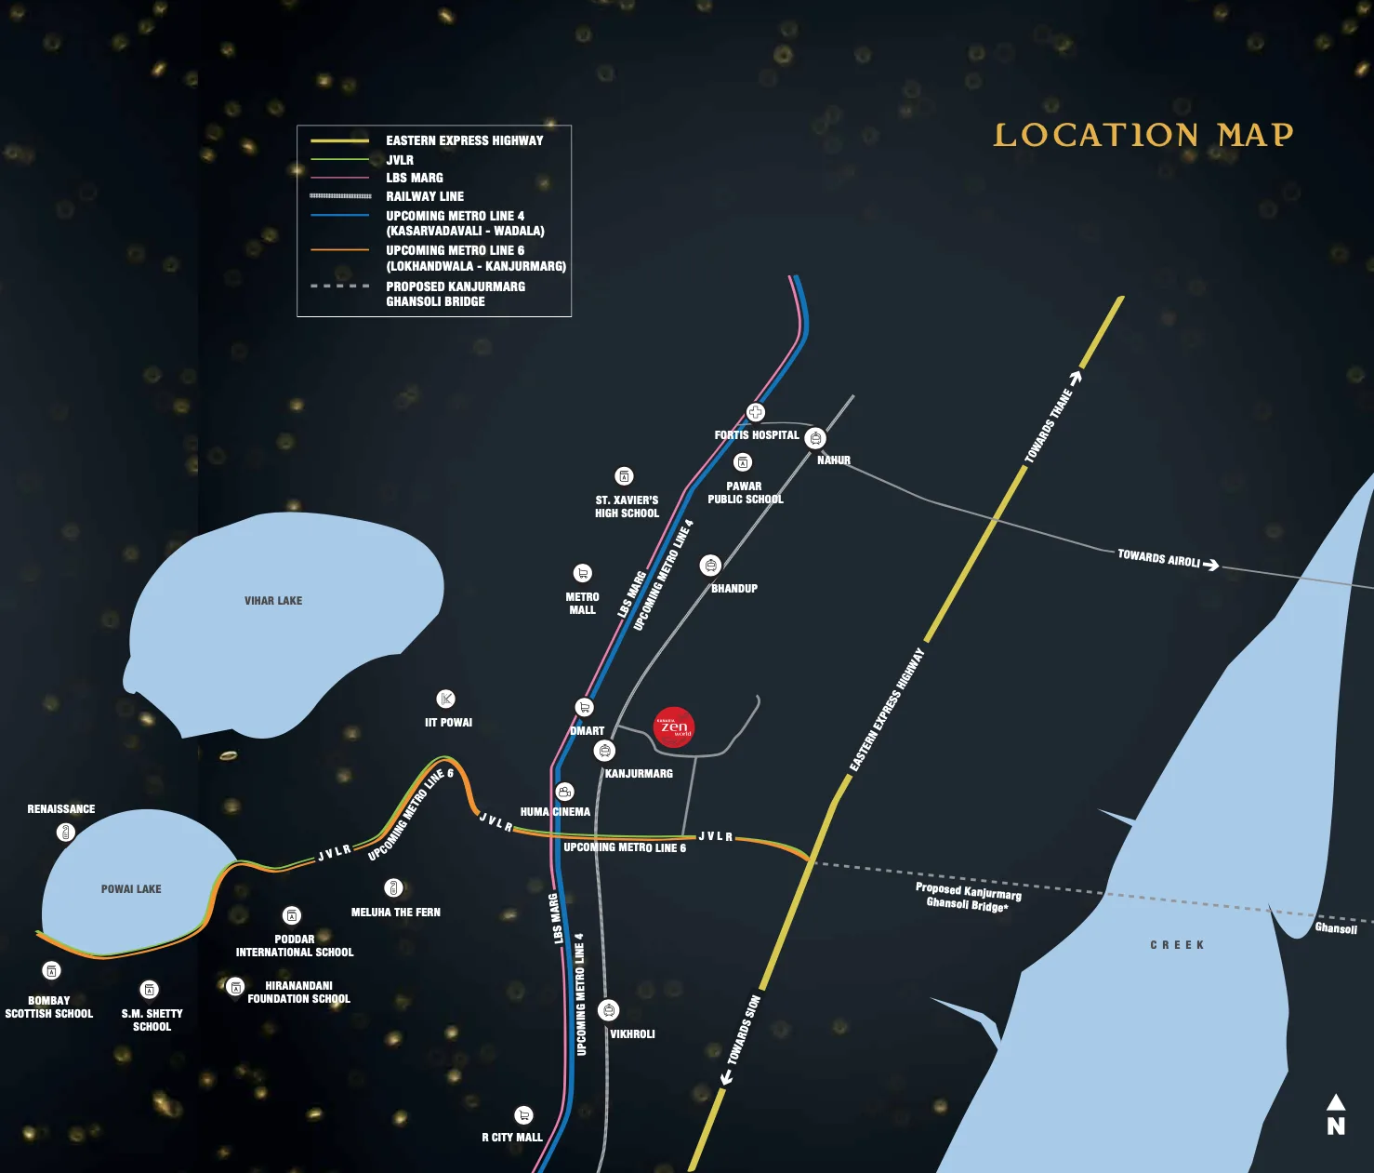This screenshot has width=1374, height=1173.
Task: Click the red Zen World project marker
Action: pyautogui.click(x=674, y=727)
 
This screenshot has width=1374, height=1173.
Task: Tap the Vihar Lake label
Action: pyautogui.click(x=273, y=601)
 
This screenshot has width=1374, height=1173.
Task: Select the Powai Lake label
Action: pyautogui.click(x=131, y=889)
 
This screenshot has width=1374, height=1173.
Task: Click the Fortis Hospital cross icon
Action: pyautogui.click(x=756, y=412)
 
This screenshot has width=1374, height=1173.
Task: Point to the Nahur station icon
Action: pyautogui.click(x=815, y=438)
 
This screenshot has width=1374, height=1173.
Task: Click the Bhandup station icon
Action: pyautogui.click(x=710, y=566)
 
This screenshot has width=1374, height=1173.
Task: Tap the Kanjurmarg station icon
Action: pyautogui.click(x=605, y=751)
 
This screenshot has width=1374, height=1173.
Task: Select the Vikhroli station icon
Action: pyautogui.click(x=608, y=1010)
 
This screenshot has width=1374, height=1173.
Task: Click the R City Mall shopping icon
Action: pyautogui.click(x=524, y=1115)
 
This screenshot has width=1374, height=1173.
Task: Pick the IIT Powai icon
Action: pyautogui.click(x=446, y=699)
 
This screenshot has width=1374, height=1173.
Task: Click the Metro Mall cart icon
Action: pyautogui.click(x=582, y=573)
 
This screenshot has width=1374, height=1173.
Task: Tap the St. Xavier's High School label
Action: pyautogui.click(x=627, y=507)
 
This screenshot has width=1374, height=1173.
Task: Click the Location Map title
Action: pyautogui.click(x=1143, y=135)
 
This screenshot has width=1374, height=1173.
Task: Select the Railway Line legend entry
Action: pyautogui.click(x=425, y=196)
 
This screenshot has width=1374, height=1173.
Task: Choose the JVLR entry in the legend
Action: pyautogui.click(x=400, y=160)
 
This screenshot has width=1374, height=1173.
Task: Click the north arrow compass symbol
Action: pyautogui.click(x=1336, y=1114)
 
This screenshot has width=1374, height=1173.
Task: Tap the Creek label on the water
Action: pyautogui.click(x=1177, y=945)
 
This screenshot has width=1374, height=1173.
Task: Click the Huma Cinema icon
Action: pyautogui.click(x=564, y=792)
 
